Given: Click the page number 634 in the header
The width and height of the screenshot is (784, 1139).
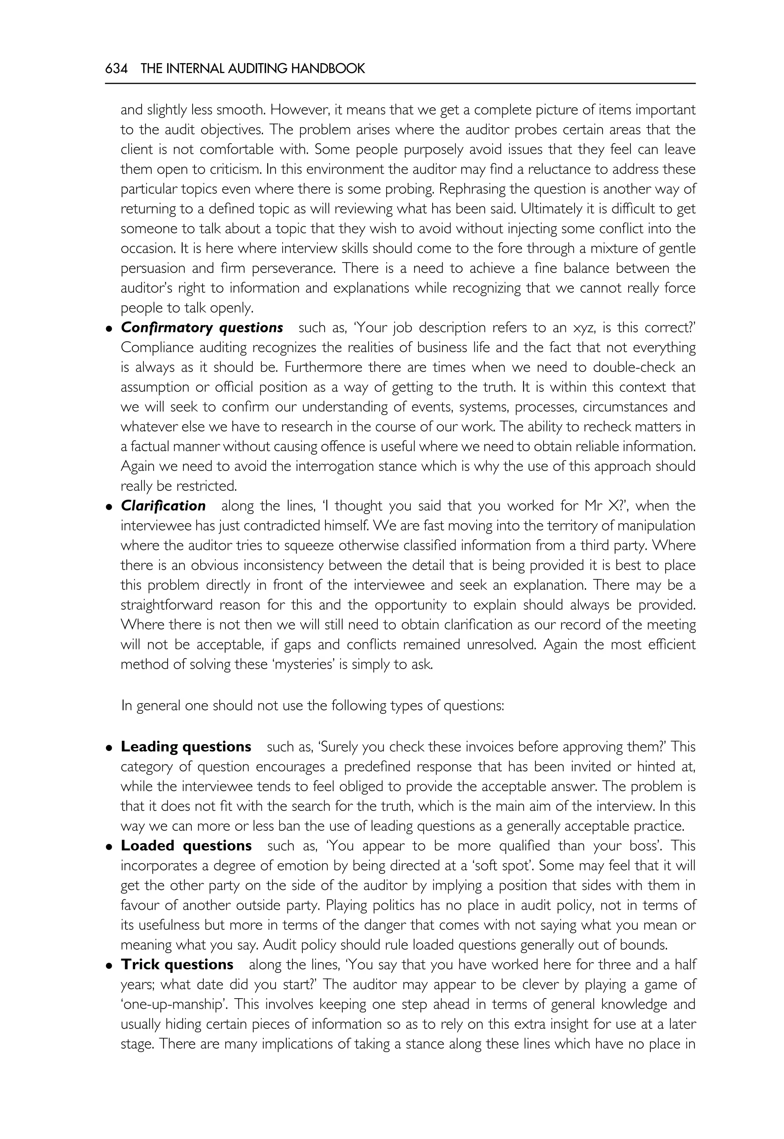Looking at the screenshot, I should [x=116, y=69].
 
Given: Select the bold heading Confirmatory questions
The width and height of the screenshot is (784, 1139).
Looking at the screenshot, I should [x=202, y=328].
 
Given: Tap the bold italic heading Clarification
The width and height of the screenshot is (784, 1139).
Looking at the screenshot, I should [x=163, y=506].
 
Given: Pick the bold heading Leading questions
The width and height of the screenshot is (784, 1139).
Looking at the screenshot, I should [x=186, y=747].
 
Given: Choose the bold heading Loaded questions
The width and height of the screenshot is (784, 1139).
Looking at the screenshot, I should [x=186, y=846].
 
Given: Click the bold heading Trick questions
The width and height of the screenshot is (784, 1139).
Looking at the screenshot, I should [x=177, y=964].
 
